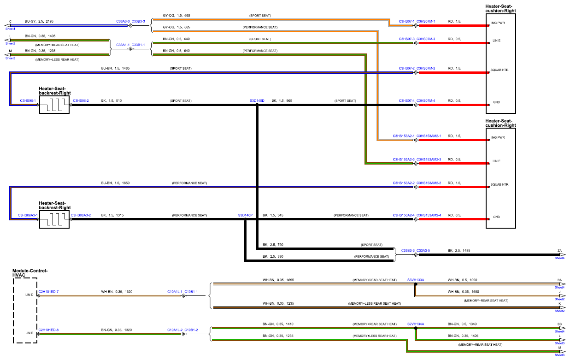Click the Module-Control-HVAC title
(30, 273)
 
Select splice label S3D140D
(257, 100)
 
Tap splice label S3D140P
(245, 215)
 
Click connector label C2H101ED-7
(48, 291)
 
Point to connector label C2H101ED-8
(48, 330)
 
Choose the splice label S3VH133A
(416, 280)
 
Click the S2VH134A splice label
(416, 324)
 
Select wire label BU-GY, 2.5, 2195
(39, 21)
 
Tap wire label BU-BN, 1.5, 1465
(115, 68)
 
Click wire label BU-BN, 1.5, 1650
(115, 183)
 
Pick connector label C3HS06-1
(28, 100)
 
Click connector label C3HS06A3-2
(81, 215)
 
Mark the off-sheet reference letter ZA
(559, 250)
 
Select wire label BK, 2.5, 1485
(459, 250)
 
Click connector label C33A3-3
(123, 21)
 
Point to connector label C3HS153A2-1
(403, 136)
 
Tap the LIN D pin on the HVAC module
(29, 295)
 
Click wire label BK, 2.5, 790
(273, 245)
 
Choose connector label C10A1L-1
(175, 291)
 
